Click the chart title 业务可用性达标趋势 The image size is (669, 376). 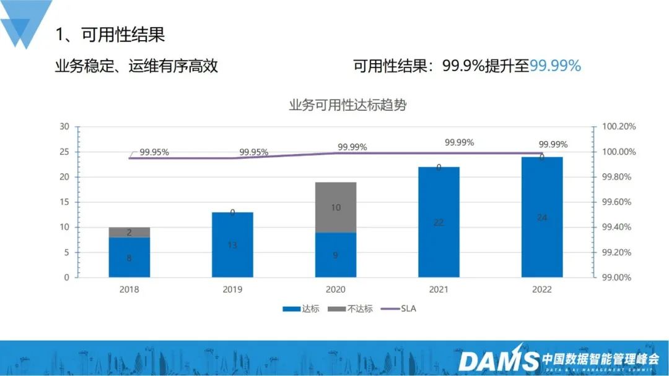coord(348,105)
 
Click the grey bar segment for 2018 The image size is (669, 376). coord(129,232)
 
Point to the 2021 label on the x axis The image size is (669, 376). coord(439,289)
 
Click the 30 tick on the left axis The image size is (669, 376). coord(64,127)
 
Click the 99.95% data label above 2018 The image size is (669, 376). coord(154,152)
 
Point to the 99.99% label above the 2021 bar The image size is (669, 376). coord(459,142)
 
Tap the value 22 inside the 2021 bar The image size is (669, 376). coord(439,223)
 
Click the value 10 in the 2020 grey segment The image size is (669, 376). coord(336,208)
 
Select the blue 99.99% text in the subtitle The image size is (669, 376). coord(556,66)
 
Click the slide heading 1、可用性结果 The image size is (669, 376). coord(110,35)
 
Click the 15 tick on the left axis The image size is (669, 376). coord(64,202)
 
